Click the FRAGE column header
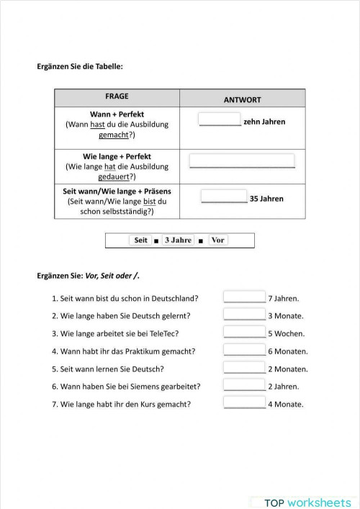pos(117,96)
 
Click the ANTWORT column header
pos(243,99)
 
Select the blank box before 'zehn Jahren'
pos(220,120)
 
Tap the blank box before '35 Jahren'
pos(224,197)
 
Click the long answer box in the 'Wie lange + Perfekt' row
pos(242,161)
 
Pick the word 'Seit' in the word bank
pos(140,240)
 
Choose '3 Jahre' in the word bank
pos(178,240)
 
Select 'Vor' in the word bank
pos(218,240)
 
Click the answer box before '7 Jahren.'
pos(244,297)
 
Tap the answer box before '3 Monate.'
pos(244,315)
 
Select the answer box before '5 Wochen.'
pos(244,332)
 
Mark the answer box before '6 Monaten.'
pos(244,350)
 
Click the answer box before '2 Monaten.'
pos(244,367)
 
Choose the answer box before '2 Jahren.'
pos(244,385)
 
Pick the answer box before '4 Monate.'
pos(244,402)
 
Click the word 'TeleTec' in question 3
pos(163,333)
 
